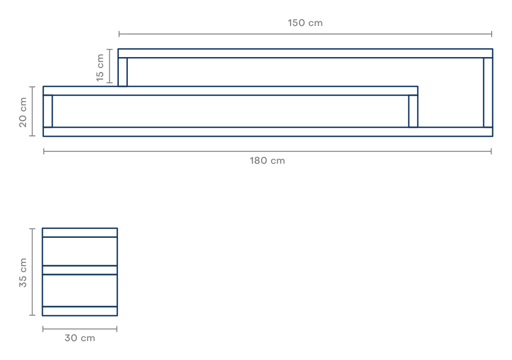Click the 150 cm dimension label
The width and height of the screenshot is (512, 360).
point(305,23)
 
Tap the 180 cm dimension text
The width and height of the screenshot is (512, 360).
point(267,161)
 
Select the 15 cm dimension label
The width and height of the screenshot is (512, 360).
point(100,67)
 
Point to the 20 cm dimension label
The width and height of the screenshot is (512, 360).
point(23,112)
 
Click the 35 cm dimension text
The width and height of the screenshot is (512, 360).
point(23,273)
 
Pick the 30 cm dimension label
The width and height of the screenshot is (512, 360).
point(80,338)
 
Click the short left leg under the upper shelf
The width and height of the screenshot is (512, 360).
point(123,72)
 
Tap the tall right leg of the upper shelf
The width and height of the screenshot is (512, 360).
point(488,92)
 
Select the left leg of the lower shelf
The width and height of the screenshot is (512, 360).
point(48,111)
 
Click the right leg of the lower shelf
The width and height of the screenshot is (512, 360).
point(413,111)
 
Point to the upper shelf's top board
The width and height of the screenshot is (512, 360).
point(306,53)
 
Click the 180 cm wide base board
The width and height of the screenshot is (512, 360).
point(268,132)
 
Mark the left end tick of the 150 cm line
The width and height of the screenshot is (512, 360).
point(119,33)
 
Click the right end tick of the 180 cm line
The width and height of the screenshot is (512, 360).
point(491,151)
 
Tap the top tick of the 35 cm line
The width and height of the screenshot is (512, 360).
point(33,229)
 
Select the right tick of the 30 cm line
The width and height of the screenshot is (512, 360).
point(117,329)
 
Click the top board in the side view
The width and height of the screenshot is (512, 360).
point(80,233)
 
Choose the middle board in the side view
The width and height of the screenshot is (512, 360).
point(80,270)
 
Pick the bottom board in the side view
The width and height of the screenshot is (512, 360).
point(80,311)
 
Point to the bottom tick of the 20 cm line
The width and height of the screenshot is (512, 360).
point(33,135)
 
